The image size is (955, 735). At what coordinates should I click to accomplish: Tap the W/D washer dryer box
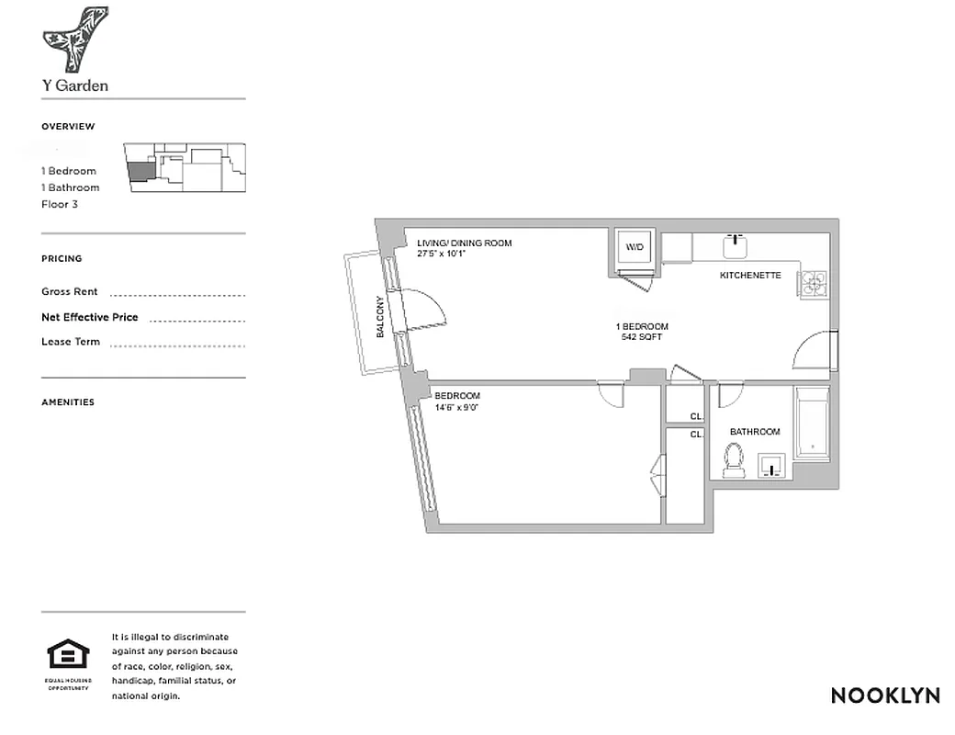(x=635, y=247)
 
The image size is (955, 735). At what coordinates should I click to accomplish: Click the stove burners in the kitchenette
(x=814, y=285)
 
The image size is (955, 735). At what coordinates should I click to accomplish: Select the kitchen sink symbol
(x=736, y=246)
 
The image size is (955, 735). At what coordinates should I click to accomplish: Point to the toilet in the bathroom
(x=733, y=460)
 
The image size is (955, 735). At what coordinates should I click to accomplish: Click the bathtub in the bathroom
(x=813, y=423)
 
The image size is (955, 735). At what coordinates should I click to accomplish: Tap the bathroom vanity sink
(x=773, y=466)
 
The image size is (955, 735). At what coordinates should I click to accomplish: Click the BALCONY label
(x=380, y=316)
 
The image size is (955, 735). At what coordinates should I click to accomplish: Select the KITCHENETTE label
(x=750, y=276)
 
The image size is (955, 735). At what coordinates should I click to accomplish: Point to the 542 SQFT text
(x=642, y=337)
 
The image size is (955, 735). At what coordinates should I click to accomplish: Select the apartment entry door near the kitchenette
(x=813, y=353)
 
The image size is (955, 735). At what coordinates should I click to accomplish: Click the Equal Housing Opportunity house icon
(x=69, y=655)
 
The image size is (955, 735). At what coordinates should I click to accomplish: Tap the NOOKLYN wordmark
(x=885, y=695)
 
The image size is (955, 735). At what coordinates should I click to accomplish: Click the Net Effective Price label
(x=90, y=317)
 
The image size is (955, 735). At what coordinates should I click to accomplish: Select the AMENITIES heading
(x=68, y=402)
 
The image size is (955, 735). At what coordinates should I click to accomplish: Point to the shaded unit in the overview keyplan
(x=141, y=171)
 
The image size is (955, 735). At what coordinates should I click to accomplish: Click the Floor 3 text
(x=60, y=204)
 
